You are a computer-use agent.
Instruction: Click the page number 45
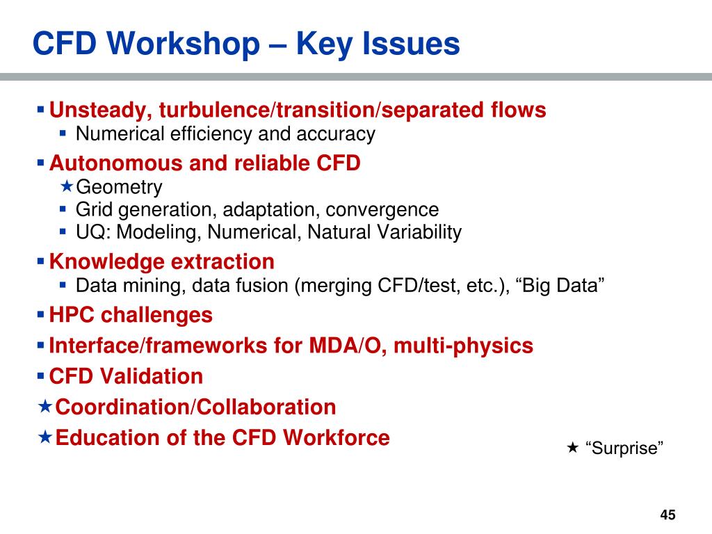[x=667, y=515]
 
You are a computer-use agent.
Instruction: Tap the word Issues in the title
[x=413, y=44]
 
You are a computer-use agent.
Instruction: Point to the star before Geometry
[x=67, y=186]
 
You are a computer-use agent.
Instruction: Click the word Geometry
[x=119, y=188]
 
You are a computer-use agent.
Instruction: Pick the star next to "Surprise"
[x=572, y=447]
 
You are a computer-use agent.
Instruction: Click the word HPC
[x=72, y=315]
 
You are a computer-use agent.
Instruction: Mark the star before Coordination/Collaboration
[x=44, y=406]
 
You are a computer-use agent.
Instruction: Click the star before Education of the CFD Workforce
[x=44, y=437]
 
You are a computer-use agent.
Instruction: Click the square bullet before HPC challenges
[x=40, y=314]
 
